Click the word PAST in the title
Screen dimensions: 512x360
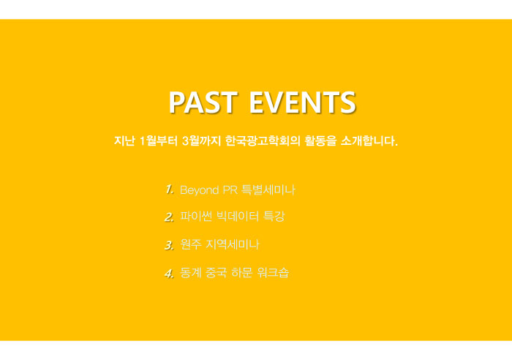coord(203,102)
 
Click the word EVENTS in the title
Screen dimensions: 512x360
coord(302,102)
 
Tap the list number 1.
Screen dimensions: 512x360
coord(169,190)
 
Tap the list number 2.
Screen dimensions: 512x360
coord(169,217)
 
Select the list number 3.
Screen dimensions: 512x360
coord(169,244)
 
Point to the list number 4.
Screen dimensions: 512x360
coord(169,273)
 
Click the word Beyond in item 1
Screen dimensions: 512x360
coord(199,190)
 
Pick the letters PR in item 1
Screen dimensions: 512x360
coord(230,190)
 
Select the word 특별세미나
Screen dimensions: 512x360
coord(268,190)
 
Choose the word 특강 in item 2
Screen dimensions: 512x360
coord(274,217)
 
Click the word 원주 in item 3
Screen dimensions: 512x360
coord(191,244)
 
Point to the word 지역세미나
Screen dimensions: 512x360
coord(232,244)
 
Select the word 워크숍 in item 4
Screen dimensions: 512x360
coord(273,272)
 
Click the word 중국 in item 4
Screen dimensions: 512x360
coord(217,272)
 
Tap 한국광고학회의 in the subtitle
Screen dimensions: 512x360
coord(263,140)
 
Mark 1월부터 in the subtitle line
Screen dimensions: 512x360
coord(159,140)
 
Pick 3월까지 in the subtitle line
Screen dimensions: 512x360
coord(201,140)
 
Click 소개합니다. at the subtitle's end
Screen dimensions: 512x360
coord(369,140)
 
